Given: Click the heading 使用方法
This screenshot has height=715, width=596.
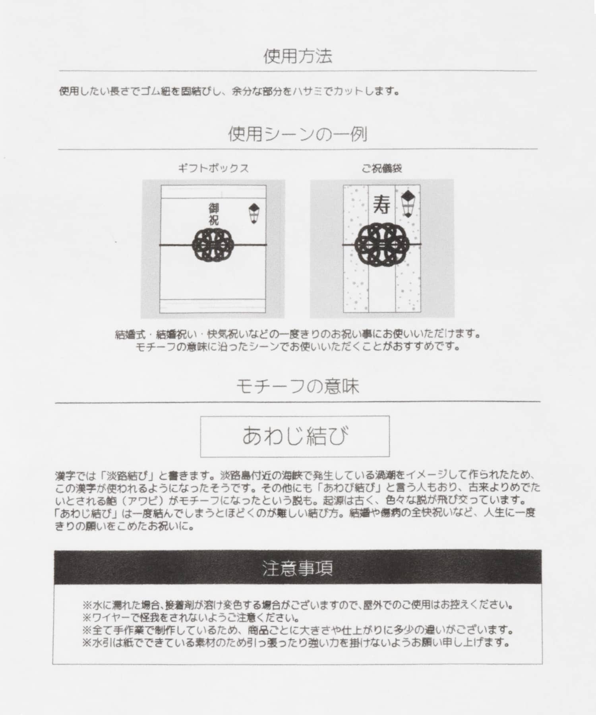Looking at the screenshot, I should coord(298,56).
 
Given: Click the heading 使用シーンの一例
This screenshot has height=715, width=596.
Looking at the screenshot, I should coord(298,135).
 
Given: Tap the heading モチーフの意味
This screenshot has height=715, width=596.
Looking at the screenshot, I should coord(298,386).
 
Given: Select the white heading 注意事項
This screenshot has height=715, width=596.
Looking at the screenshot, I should coord(298,568).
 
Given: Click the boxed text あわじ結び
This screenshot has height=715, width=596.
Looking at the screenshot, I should coord(295,436).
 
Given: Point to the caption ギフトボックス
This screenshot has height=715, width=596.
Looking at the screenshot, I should coord(213,168).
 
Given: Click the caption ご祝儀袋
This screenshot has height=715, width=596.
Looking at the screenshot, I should coord(381,168).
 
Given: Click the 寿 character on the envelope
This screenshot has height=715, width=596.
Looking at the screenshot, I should coord(381,205).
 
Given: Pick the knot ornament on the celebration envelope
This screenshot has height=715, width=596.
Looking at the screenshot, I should coord(381,243).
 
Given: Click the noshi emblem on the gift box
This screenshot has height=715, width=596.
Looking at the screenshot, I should coord(253,213).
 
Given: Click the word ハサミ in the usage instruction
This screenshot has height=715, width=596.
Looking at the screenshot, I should coord(305,91).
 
